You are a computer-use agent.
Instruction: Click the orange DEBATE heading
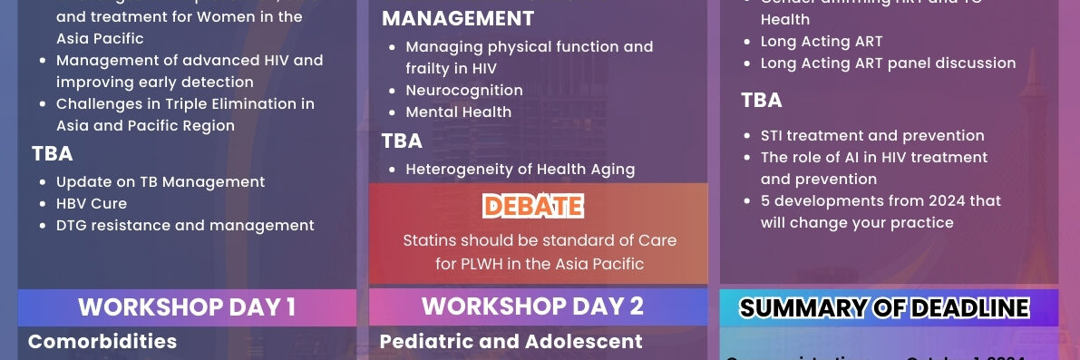[532, 207]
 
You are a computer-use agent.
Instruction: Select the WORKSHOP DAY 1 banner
[187, 307]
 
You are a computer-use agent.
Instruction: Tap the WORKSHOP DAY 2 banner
[532, 306]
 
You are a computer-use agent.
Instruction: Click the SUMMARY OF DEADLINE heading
[884, 308]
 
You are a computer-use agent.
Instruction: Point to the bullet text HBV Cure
[92, 204]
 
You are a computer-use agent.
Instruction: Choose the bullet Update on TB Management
[161, 182]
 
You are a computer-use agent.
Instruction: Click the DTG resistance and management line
[185, 226]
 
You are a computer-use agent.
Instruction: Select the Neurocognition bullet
[464, 91]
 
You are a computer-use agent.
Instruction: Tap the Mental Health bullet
[459, 112]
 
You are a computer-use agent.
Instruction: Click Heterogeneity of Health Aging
[520, 169]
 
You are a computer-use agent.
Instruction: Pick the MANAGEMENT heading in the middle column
[458, 19]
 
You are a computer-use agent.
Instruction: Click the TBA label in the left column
[53, 154]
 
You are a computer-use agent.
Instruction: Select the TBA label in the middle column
[402, 141]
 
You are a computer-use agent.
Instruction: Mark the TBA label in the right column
[762, 101]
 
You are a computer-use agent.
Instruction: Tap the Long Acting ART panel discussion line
[888, 63]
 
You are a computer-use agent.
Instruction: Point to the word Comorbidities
[102, 342]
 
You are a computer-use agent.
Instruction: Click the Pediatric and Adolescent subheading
[511, 342]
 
